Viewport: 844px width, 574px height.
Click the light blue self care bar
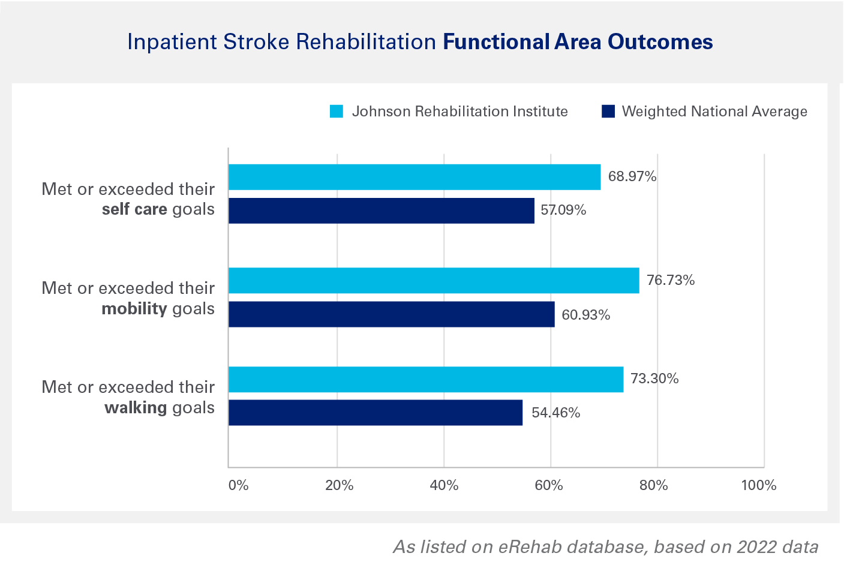click(414, 177)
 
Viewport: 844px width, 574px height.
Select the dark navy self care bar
click(381, 211)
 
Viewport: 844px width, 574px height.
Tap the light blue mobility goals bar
click(433, 280)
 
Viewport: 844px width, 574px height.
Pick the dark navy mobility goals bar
click(391, 314)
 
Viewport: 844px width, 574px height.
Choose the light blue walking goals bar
click(425, 379)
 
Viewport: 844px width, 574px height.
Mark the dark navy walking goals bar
click(375, 413)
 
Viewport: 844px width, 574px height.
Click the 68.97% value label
click(632, 176)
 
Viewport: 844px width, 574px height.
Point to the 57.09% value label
click(563, 210)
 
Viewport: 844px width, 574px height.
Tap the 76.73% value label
click(671, 280)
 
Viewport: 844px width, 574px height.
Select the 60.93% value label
click(585, 315)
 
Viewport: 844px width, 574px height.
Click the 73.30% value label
click(654, 378)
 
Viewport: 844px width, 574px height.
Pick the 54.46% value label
click(555, 413)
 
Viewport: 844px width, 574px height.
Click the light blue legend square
click(337, 112)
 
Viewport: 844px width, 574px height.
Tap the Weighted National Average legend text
click(714, 112)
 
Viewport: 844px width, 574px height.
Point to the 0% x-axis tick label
click(238, 485)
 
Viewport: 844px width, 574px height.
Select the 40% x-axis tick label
click(444, 485)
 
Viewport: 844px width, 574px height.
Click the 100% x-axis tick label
click(759, 485)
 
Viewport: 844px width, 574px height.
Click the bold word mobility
click(134, 308)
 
